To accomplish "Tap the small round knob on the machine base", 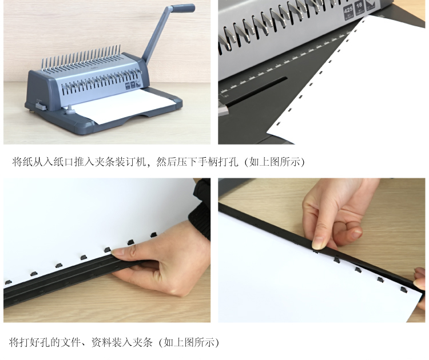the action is [70, 109].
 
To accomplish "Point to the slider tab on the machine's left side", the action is [41, 106].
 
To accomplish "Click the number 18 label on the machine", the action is [359, 7].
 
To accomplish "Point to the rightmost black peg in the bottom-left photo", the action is [153, 234].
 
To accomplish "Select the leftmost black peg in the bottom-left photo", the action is [8, 282].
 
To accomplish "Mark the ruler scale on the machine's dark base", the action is [284, 62].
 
